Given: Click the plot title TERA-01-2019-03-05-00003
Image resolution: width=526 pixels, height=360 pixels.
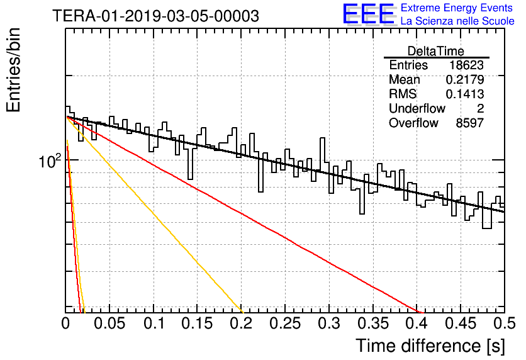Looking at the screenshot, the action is [x=155, y=16].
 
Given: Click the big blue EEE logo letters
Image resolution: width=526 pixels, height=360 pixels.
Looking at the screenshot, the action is [x=368, y=14].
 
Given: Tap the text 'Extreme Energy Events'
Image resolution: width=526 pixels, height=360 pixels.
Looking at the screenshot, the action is [x=457, y=8].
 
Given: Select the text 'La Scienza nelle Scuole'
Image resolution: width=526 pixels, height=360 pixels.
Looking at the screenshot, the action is [x=457, y=21].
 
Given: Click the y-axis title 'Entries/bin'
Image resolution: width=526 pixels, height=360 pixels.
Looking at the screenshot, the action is [x=14, y=70].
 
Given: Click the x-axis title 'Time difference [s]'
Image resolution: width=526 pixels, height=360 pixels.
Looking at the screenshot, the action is [x=430, y=346].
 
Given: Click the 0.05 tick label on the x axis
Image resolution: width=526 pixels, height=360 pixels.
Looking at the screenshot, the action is [x=109, y=323].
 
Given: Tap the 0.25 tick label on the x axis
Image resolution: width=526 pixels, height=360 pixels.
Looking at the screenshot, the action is [x=285, y=323].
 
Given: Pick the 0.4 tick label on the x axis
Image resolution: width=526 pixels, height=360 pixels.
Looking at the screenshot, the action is [x=418, y=323].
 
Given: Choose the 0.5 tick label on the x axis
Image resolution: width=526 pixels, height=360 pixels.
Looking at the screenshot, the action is [x=504, y=323].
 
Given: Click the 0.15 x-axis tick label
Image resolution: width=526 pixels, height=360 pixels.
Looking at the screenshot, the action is [x=198, y=323].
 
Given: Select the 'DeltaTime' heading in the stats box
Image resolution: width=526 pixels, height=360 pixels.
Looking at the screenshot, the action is [x=436, y=51].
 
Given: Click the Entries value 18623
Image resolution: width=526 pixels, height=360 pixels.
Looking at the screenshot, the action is [x=466, y=65].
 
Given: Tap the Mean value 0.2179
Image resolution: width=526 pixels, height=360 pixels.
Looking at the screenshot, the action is [x=465, y=79].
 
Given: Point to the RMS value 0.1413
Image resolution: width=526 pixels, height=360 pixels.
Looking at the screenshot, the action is [x=465, y=94].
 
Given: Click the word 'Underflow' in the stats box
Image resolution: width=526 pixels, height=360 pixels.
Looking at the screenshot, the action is [x=417, y=108].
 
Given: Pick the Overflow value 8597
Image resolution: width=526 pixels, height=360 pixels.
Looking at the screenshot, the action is [x=469, y=123].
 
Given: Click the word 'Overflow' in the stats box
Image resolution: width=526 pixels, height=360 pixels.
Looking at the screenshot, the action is [x=413, y=123].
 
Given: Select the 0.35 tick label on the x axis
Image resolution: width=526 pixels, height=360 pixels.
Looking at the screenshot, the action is [x=373, y=323].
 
